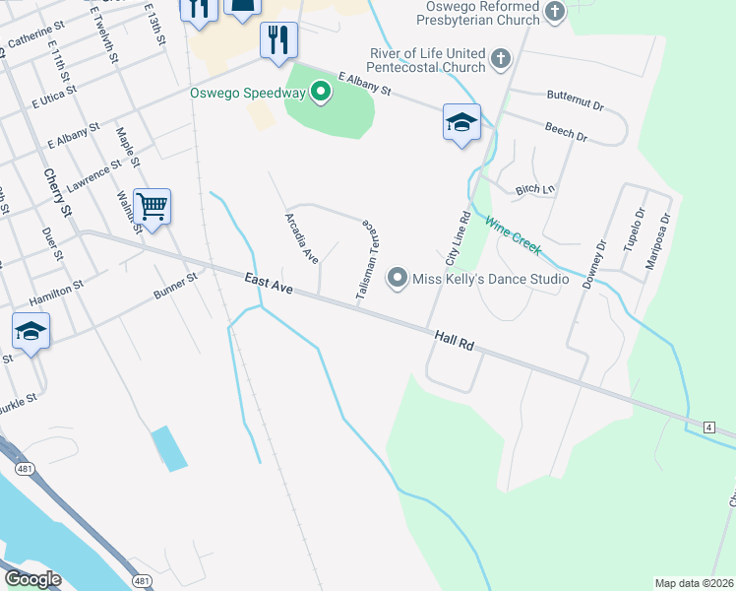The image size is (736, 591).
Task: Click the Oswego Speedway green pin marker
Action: [x=320, y=94]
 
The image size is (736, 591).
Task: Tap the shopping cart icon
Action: [x=152, y=207]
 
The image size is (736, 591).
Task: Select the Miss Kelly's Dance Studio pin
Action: [x=398, y=279]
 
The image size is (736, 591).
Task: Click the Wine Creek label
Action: [x=512, y=235]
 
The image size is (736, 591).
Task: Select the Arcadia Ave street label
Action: [x=302, y=237]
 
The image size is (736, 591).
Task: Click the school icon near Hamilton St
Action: [x=31, y=331]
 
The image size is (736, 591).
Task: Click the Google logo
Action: [x=31, y=579]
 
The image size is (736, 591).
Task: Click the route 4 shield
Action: [x=708, y=426]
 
